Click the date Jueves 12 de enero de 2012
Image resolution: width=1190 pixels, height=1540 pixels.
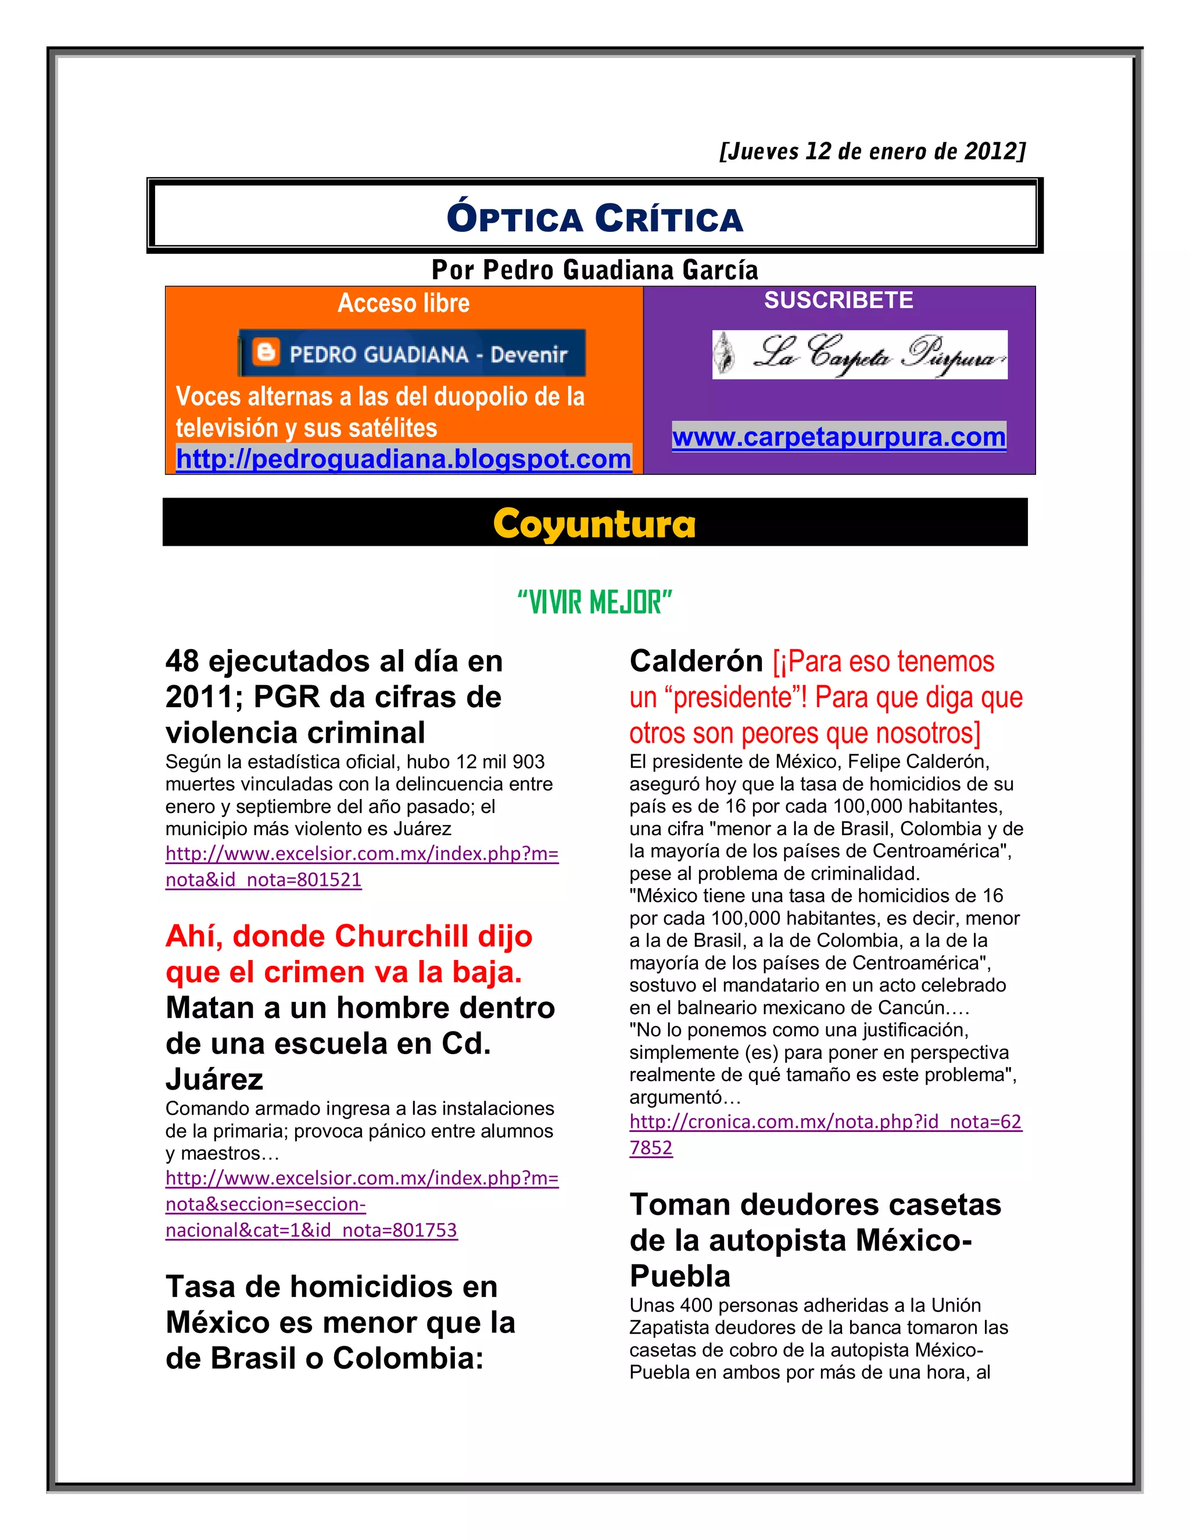872,152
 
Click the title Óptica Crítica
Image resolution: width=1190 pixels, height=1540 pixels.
595,218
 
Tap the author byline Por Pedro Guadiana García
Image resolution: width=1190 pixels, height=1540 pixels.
595,270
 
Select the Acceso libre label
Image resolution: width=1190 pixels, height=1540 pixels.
403,303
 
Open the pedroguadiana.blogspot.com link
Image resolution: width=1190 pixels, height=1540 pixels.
403,459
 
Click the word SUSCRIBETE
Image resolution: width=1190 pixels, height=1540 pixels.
838,300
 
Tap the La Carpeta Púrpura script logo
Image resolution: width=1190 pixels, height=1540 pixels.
859,354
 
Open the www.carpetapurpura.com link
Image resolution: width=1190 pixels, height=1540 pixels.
839,437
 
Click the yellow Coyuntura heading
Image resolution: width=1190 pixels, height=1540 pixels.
594,524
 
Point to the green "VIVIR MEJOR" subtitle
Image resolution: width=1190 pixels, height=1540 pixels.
594,603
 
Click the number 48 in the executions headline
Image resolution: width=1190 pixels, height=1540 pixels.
182,661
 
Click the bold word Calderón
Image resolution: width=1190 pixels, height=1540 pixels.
696,661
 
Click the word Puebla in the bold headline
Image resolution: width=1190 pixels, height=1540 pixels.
680,1276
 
